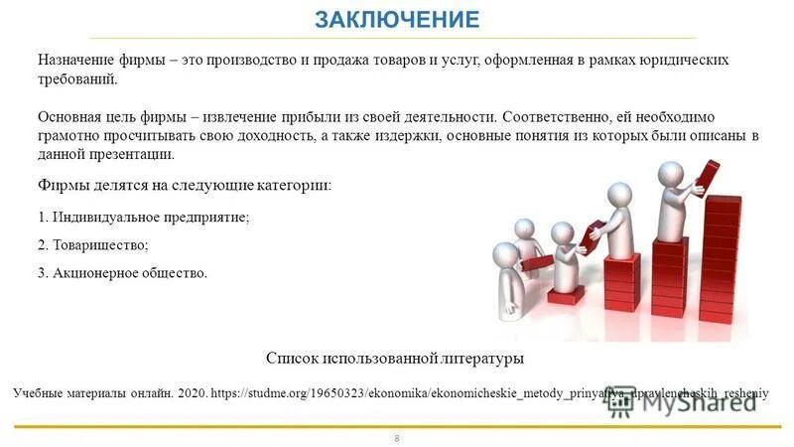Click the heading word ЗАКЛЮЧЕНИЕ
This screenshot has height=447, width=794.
click(x=396, y=19)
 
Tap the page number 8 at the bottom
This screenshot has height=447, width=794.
click(x=397, y=437)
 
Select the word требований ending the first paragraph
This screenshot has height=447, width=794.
click(x=76, y=79)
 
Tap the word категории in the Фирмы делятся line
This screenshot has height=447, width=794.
click(x=292, y=186)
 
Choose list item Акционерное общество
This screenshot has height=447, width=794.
click(x=123, y=272)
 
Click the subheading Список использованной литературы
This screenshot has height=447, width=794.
click(x=395, y=358)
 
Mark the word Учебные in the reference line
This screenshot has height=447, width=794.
click(x=39, y=393)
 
